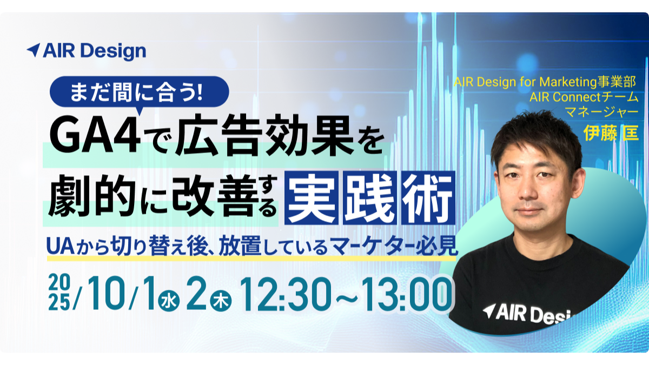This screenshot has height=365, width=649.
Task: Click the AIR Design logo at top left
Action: click(x=87, y=51)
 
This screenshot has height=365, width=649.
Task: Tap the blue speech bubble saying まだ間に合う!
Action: click(x=140, y=92)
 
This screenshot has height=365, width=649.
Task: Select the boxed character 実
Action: click(x=312, y=198)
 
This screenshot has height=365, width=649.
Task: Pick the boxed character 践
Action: click(x=370, y=198)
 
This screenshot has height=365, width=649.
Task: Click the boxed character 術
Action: click(x=428, y=198)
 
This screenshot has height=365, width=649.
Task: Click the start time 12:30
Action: click(x=285, y=294)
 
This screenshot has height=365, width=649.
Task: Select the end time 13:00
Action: click(x=407, y=294)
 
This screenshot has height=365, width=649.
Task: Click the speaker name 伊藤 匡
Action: click(x=611, y=133)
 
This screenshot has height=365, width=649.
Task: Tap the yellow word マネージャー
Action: click(x=602, y=112)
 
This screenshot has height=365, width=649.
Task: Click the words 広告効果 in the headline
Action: click(x=264, y=134)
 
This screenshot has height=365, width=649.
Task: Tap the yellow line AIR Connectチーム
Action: click(x=584, y=97)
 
